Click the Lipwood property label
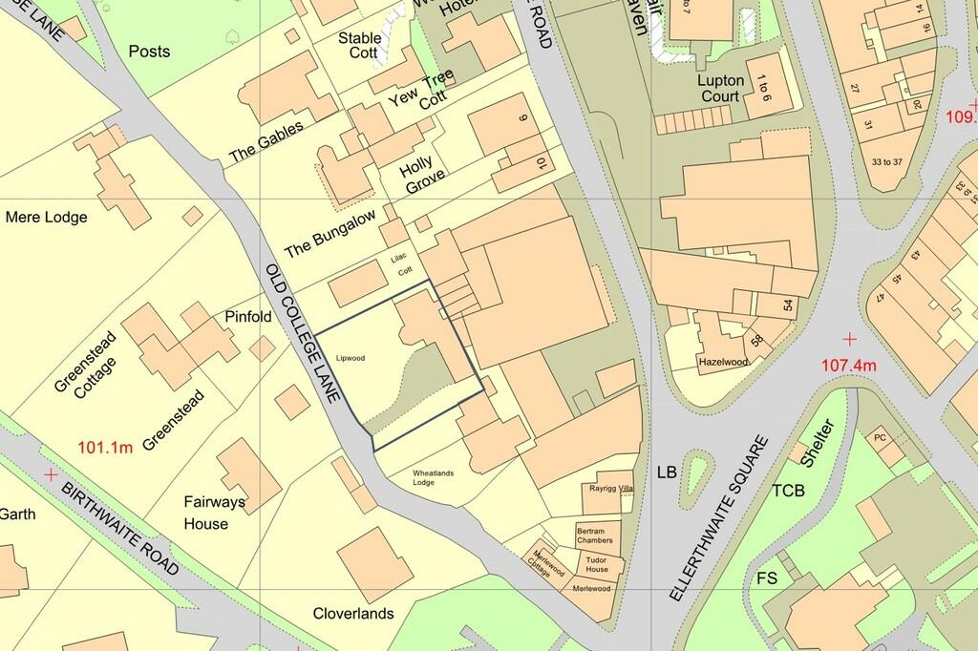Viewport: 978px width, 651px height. click(351, 359)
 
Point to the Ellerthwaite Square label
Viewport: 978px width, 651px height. click(717, 517)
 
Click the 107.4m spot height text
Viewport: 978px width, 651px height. click(849, 365)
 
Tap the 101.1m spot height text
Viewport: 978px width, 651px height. click(105, 447)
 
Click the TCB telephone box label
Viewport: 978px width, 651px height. click(789, 491)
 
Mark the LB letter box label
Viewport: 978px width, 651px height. click(667, 472)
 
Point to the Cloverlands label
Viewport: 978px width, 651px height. click(353, 614)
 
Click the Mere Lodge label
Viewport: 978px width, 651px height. click(46, 218)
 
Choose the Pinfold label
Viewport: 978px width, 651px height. click(248, 316)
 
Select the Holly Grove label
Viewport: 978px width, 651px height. click(422, 177)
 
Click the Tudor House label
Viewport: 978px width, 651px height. click(597, 564)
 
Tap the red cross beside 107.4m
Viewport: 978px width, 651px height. click(849, 339)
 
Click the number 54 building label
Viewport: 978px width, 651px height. click(788, 304)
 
